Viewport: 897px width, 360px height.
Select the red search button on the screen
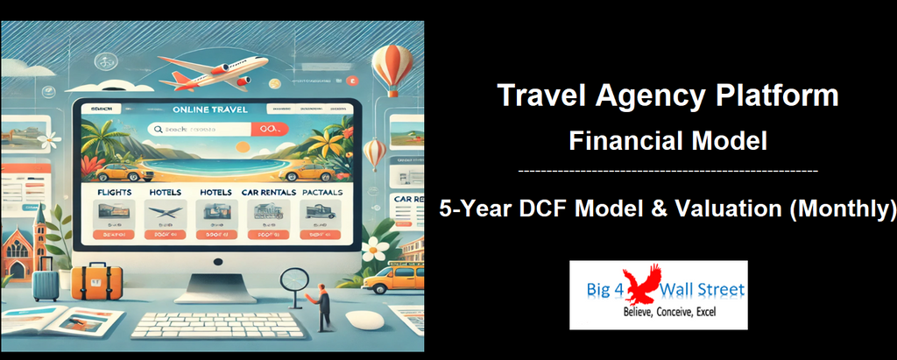coord(267,130)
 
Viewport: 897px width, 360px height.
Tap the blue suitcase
coord(46,282)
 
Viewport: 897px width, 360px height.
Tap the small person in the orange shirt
coord(323,306)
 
